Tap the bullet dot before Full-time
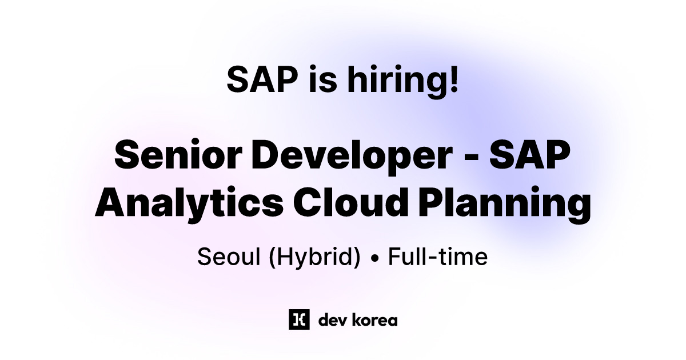(x=375, y=259)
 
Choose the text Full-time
(x=438, y=257)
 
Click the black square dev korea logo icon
(x=299, y=319)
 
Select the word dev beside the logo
(x=329, y=320)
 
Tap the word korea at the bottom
(x=373, y=320)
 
